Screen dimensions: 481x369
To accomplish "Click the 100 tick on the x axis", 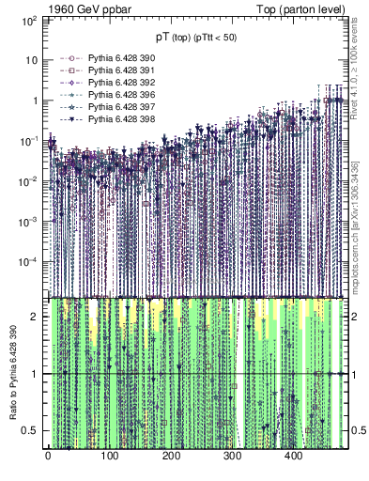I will point(109,458).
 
